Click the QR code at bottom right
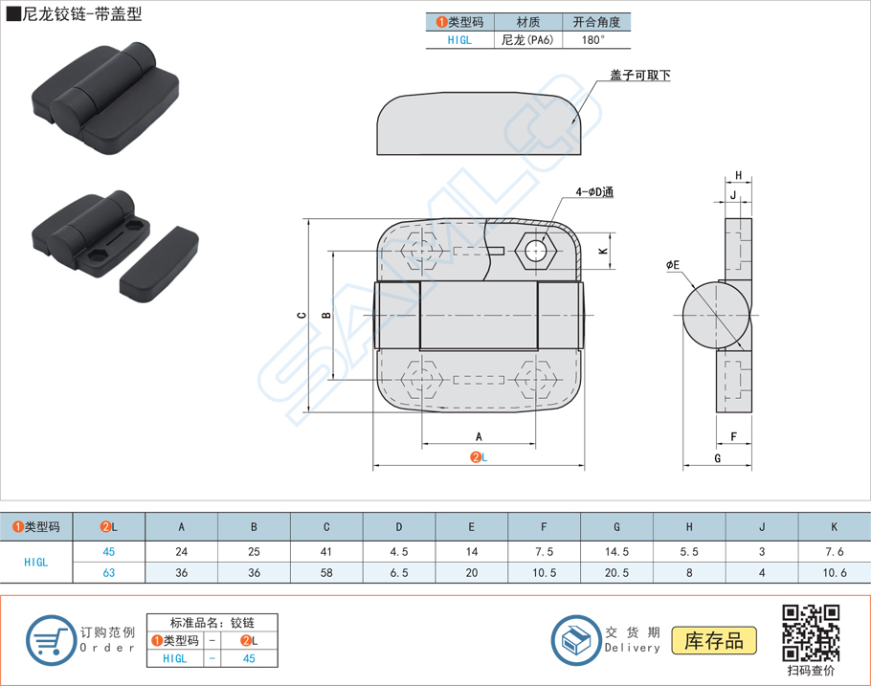(x=811, y=632)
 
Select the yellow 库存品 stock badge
(x=714, y=640)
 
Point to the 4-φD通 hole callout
(x=593, y=191)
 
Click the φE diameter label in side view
(x=673, y=265)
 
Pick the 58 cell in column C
(x=326, y=572)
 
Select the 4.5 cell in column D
(x=399, y=551)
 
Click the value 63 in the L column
(x=109, y=572)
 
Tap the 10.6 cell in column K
(x=833, y=572)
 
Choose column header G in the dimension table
(x=616, y=526)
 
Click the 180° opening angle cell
(x=593, y=40)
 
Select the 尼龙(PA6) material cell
(x=527, y=40)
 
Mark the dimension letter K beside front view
(x=603, y=251)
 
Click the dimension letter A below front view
(x=479, y=436)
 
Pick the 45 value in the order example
(x=248, y=658)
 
